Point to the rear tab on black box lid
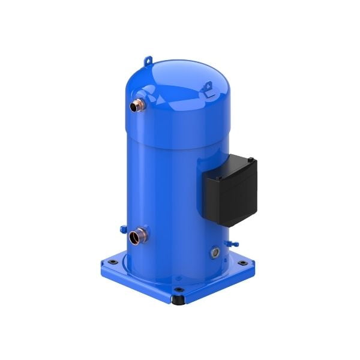[251, 160]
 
